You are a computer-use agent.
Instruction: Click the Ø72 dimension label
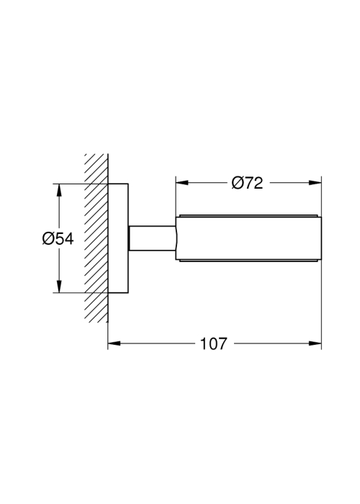coord(247,183)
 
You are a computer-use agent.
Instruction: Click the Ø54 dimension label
coord(58,238)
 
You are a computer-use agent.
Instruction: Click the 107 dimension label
coord(214,343)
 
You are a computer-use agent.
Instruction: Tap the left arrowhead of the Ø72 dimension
coord(181,183)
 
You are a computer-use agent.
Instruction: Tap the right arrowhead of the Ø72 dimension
coord(315,183)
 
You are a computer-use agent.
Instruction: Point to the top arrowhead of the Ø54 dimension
coord(59,190)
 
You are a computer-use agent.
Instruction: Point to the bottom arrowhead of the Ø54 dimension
coord(59,287)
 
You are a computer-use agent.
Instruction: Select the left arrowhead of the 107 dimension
coord(114,343)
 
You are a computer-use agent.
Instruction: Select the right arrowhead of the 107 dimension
coord(315,343)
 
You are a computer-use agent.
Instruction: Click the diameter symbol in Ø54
coord(48,238)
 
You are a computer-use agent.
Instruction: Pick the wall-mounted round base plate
coord(118,238)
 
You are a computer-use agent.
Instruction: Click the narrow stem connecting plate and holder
coord(152,238)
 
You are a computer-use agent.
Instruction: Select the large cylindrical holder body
coord(248,238)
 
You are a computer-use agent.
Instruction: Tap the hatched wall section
coord(96,238)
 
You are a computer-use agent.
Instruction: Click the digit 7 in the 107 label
coord(222,343)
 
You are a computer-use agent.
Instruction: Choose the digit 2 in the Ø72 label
coord(258,183)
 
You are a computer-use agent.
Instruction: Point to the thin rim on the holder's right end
coord(320,238)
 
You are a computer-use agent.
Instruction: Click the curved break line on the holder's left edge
coord(176,238)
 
